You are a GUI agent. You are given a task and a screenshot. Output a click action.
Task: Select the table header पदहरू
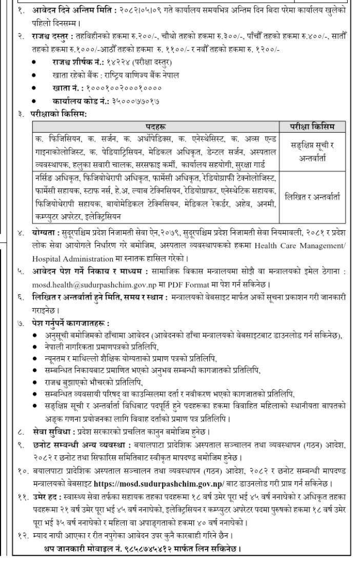coord(154,126)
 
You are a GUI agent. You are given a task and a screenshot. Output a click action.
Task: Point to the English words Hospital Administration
coord(69,256)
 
